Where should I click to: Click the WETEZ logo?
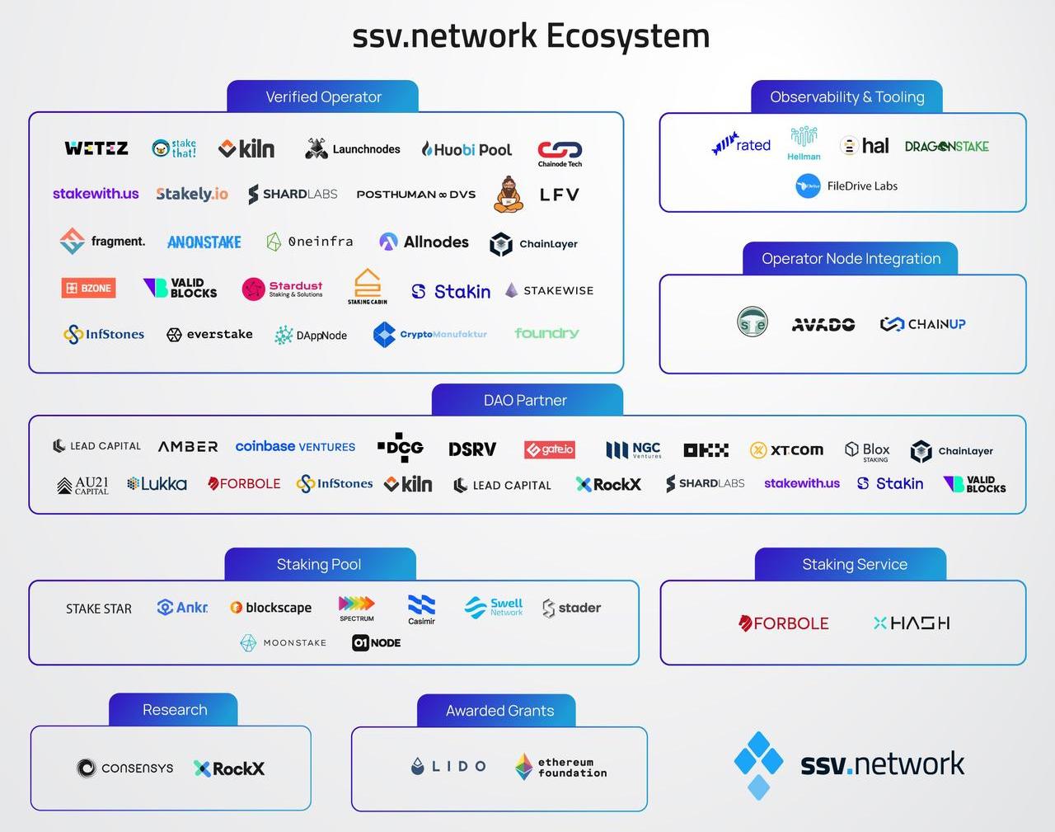96,148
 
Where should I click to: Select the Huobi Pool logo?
467,149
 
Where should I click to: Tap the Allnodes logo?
424,242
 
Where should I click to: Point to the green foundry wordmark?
546,333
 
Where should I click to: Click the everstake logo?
209,334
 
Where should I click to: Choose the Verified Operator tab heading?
323,96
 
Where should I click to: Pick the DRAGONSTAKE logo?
946,146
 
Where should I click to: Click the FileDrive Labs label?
861,186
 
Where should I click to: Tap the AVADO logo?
823,324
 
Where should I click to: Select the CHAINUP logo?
922,324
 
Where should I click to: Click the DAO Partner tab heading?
525,400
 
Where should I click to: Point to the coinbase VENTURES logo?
295,446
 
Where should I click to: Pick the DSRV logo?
472,449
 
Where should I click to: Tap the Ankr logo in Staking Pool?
182,608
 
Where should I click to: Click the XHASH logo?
911,623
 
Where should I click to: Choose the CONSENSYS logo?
125,769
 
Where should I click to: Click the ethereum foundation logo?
560,767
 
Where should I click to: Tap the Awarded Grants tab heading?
499,711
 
